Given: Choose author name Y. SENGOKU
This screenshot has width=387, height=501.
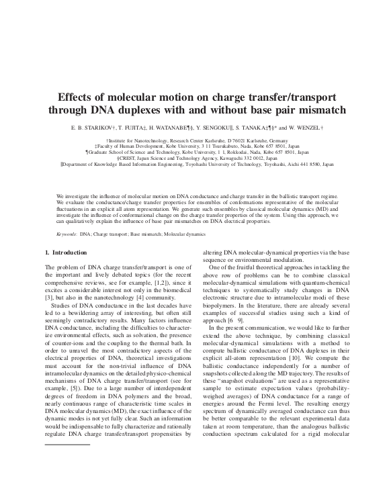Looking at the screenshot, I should coord(232,127).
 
